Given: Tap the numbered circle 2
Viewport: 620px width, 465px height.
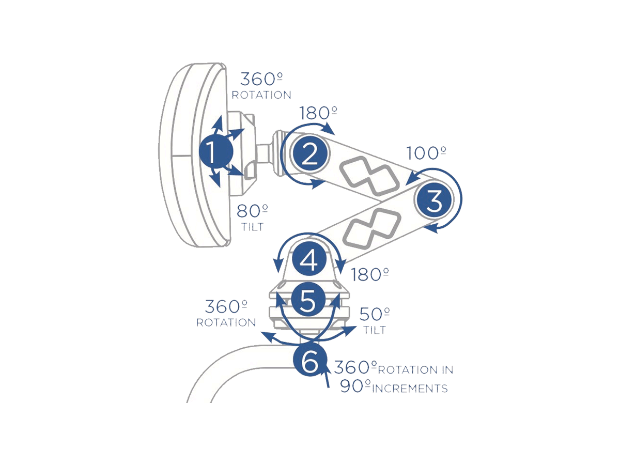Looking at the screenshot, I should [309, 154].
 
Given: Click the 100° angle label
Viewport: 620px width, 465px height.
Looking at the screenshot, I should [426, 153].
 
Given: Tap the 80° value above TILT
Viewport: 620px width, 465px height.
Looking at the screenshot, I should [252, 211].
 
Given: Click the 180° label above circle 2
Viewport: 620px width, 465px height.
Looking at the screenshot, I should [318, 113].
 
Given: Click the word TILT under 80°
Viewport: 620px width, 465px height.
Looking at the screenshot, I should [252, 227].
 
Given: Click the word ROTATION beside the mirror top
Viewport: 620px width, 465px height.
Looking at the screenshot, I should [261, 95].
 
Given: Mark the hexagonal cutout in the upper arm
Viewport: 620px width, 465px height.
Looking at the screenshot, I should [370, 173].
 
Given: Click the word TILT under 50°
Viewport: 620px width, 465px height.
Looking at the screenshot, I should [374, 330].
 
